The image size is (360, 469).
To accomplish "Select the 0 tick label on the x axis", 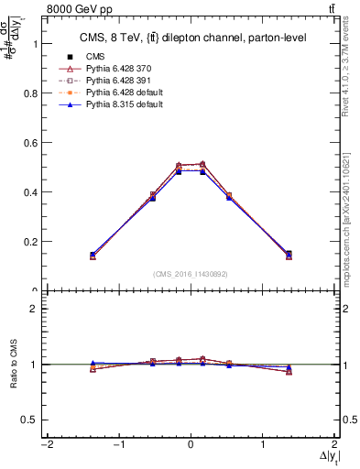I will pos(191,446).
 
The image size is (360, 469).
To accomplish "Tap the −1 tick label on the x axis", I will pos(117,446).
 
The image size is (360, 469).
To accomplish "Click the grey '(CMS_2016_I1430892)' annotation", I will pos(191,273).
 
